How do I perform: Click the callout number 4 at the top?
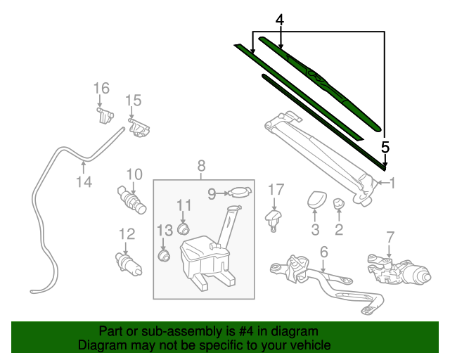pyautogui.click(x=280, y=21)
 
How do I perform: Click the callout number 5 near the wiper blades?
pyautogui.click(x=385, y=147)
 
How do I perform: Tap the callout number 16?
pyautogui.click(x=101, y=88)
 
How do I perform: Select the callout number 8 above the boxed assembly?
pyautogui.click(x=201, y=166)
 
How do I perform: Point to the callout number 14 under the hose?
pyautogui.click(x=84, y=182)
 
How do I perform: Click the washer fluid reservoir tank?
pyautogui.click(x=202, y=256)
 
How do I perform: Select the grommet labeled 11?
pyautogui.click(x=185, y=228)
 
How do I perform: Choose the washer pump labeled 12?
pyautogui.click(x=127, y=264)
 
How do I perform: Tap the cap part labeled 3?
pyautogui.click(x=315, y=200)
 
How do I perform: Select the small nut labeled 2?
pyautogui.click(x=338, y=204)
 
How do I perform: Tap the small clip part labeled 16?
pyautogui.click(x=104, y=114)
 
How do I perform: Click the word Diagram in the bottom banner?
pyautogui.click(x=99, y=346)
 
